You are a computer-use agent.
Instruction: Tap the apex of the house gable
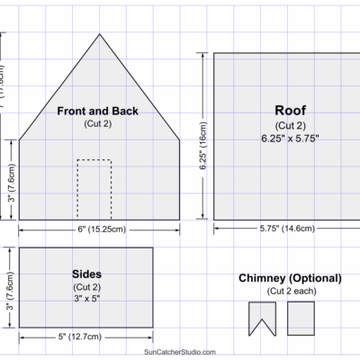click(x=98, y=34)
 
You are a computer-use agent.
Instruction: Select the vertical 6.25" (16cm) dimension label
click(x=203, y=147)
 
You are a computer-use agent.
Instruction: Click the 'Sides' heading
click(x=85, y=273)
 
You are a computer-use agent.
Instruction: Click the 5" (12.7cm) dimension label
click(x=83, y=338)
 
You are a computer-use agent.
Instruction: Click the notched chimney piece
click(x=261, y=317)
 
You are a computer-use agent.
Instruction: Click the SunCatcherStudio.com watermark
click(x=179, y=352)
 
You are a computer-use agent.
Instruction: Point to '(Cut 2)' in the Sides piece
click(x=85, y=285)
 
